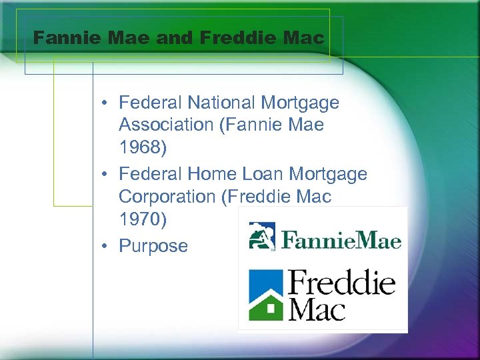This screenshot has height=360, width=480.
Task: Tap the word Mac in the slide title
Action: pos(307,37)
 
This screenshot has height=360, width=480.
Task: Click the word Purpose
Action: pos(153,246)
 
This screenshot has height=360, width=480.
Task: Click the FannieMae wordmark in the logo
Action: pos(340,239)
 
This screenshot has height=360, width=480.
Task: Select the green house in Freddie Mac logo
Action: pos(265,303)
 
